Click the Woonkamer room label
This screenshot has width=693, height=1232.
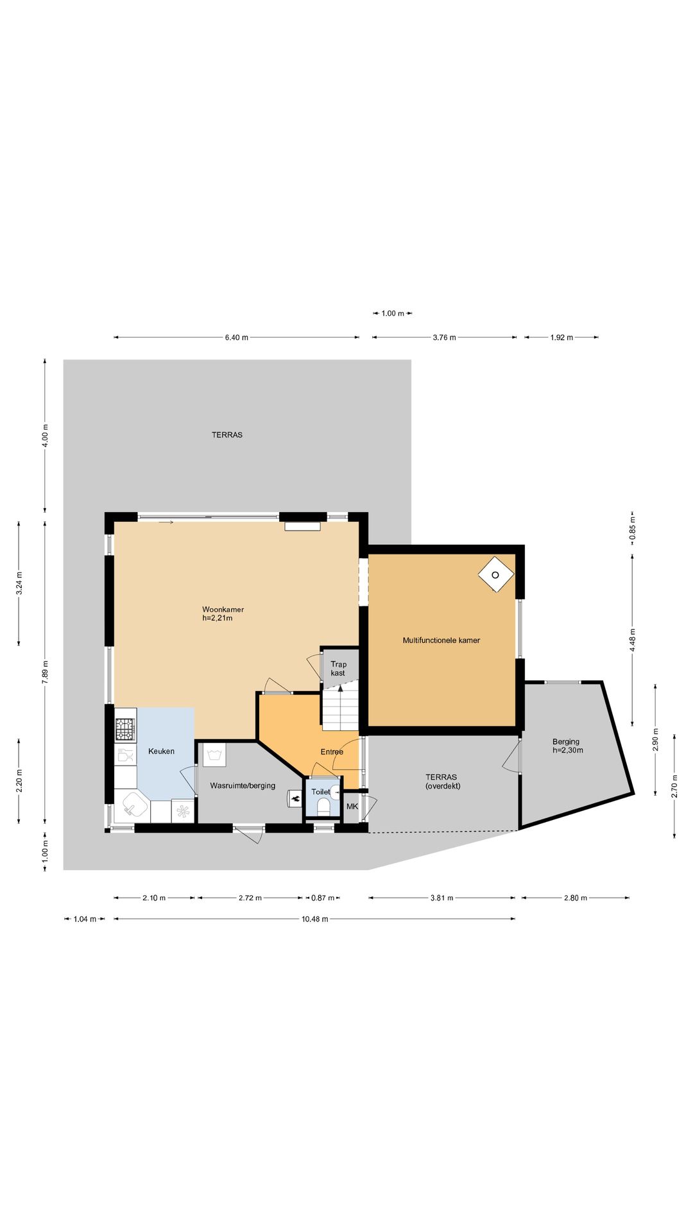tap(223, 613)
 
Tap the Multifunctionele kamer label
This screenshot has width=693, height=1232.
tap(441, 640)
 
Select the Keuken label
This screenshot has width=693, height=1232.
tap(161, 751)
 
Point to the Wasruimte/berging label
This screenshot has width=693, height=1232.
tap(243, 785)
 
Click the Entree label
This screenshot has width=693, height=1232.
tap(332, 751)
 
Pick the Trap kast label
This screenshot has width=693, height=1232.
tap(338, 669)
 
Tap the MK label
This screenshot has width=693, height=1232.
tap(352, 806)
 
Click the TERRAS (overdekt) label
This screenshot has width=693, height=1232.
tap(442, 781)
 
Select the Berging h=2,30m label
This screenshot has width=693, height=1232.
tap(567, 746)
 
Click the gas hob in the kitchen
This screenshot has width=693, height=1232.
tap(125, 729)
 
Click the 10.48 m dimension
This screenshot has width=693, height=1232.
tap(314, 919)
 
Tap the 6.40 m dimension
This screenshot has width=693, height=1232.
tap(236, 338)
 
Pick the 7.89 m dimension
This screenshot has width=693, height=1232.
tap(45, 672)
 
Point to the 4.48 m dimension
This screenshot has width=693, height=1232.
tap(633, 640)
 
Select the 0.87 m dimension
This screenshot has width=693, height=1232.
tap(323, 898)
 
